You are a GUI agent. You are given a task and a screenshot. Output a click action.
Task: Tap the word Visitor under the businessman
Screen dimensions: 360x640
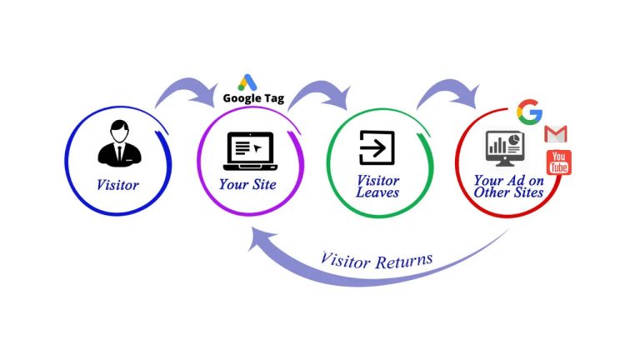(x=117, y=185)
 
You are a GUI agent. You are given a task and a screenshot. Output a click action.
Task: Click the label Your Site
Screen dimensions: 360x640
(x=247, y=184)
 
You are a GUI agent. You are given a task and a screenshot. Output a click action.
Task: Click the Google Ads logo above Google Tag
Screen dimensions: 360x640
(x=247, y=82)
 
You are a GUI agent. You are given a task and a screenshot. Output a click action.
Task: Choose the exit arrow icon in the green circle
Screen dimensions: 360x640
(x=377, y=148)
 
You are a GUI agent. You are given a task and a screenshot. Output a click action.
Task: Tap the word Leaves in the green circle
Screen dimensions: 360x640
(x=377, y=192)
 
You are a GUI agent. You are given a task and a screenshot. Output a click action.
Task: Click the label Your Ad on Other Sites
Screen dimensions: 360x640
(x=508, y=186)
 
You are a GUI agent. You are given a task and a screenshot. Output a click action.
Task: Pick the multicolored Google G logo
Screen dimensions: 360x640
(x=529, y=111)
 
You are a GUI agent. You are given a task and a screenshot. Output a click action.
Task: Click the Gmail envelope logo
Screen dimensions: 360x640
(x=556, y=133)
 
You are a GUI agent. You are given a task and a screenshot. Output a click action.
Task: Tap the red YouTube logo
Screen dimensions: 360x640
(x=558, y=162)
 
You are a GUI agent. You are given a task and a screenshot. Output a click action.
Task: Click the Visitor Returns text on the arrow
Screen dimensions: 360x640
(x=377, y=259)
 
